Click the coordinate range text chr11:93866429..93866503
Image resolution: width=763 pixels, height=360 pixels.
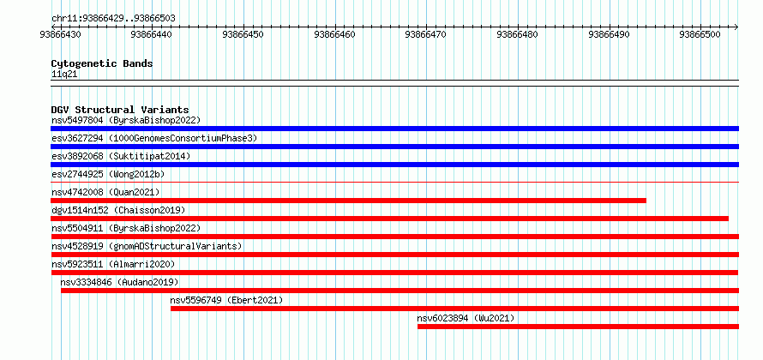coord(113,19)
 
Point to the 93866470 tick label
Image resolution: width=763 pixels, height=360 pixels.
coord(425,34)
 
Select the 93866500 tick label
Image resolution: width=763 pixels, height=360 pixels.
coord(700,34)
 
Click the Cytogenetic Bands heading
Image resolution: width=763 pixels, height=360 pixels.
coord(102,63)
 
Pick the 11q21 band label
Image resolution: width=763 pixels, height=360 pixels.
coord(64,75)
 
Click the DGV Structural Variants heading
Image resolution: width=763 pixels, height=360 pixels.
coord(120,110)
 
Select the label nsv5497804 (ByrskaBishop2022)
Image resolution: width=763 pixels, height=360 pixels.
coord(126,120)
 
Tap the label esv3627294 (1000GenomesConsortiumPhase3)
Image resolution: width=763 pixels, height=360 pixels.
coord(154,138)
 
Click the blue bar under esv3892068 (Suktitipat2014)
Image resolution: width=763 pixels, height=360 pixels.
coord(394,165)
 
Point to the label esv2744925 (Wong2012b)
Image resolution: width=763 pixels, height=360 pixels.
coord(105,174)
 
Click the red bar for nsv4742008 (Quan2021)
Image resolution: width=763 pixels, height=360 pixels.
coord(348,201)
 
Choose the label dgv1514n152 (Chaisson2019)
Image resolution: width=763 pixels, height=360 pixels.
coord(118,210)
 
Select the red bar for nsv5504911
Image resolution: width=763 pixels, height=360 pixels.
coord(394,237)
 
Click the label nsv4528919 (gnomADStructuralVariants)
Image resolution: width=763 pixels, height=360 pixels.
coord(147,246)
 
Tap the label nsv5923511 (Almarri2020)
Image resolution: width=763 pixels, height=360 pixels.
coord(113,264)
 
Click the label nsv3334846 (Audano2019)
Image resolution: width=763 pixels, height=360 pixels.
coord(120,282)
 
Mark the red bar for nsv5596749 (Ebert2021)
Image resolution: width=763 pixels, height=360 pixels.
coord(455,309)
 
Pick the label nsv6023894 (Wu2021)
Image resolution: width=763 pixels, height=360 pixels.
coord(466,318)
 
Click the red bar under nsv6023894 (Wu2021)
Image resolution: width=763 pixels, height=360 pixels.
coord(578,327)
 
